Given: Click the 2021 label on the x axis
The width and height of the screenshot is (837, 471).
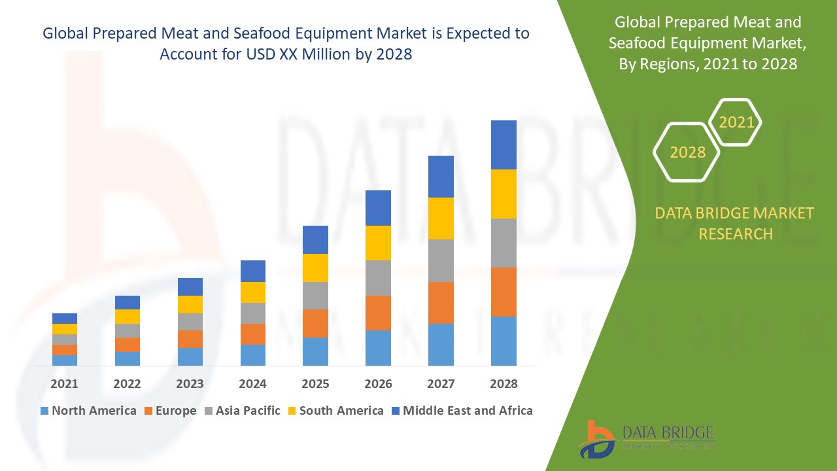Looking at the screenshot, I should click(64, 384).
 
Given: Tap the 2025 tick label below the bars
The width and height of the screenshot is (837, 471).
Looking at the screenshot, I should click(315, 384).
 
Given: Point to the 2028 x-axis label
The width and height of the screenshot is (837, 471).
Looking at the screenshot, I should click(504, 384).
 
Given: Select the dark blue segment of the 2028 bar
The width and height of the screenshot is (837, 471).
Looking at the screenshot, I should click(504, 145).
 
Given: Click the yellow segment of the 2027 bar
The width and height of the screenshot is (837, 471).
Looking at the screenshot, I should click(441, 218).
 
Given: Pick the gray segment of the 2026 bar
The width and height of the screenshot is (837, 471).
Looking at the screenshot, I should click(378, 278).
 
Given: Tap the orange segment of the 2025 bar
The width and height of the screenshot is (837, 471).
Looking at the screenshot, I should click(315, 323).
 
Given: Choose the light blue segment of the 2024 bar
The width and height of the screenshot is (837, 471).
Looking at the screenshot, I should click(252, 355).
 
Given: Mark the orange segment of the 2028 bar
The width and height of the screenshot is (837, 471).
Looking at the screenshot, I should click(504, 292).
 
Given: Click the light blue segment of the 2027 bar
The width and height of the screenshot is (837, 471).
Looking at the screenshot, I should click(441, 344).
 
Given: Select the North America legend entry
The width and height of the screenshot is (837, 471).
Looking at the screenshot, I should click(88, 411).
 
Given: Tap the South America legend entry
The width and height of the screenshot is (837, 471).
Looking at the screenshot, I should click(335, 411).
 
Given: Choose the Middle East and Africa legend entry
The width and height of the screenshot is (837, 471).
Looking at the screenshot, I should click(461, 411).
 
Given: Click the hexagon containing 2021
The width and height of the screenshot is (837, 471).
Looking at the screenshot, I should click(736, 122).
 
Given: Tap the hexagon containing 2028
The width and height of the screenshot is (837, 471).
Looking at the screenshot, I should click(687, 152).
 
